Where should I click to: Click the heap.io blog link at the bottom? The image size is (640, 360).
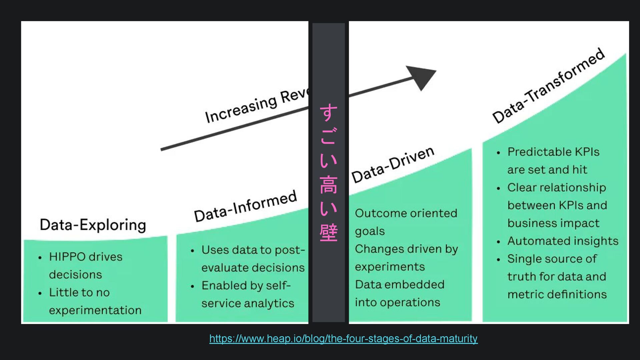pyautogui.click(x=343, y=339)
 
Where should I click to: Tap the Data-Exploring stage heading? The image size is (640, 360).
pyautogui.click(x=93, y=225)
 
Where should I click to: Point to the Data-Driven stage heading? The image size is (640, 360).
pyautogui.click(x=393, y=165)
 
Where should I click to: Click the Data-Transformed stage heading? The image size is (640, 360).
pyautogui.click(x=548, y=86)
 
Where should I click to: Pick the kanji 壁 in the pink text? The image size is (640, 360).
pyautogui.click(x=328, y=233)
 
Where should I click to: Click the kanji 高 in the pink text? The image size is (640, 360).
pyautogui.click(x=328, y=185)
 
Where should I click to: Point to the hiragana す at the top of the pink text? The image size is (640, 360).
pyautogui.click(x=328, y=113)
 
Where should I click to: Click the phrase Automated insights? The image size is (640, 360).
pyautogui.click(x=563, y=241)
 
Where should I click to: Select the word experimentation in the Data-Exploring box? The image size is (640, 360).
pyautogui.click(x=95, y=310)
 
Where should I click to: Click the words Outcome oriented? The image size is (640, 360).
pyautogui.click(x=406, y=213)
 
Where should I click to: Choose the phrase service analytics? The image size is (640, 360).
pyautogui.click(x=248, y=303)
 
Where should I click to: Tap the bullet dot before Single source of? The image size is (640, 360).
pyautogui.click(x=498, y=260)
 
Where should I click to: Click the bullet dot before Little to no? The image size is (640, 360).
pyautogui.click(x=40, y=293)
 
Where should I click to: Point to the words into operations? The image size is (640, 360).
pyautogui.click(x=397, y=302)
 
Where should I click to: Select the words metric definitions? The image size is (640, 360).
pyautogui.click(x=557, y=294)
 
